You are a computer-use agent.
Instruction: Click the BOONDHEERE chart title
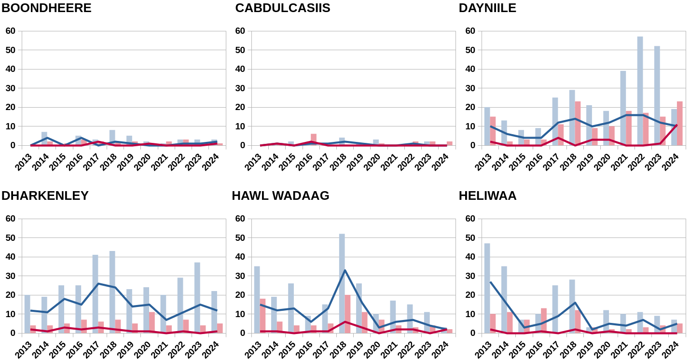46,8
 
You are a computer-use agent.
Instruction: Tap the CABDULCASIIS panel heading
282,8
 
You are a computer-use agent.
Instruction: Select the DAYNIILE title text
487,8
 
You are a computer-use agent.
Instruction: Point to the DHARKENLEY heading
45,196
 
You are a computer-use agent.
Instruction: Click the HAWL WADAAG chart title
280,196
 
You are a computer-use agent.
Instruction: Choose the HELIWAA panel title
487,196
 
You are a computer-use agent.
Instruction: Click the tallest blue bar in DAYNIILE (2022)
640,91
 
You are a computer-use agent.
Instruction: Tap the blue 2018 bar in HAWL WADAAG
342,283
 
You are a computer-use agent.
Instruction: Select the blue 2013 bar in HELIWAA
487,288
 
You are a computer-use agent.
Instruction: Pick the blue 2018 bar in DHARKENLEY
112,292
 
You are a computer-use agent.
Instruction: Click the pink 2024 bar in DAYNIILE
679,123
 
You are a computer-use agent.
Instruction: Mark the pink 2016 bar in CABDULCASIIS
314,139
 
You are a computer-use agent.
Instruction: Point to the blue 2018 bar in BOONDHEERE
112,138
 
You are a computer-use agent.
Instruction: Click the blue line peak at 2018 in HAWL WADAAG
345,270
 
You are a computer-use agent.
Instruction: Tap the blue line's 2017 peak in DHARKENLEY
98,283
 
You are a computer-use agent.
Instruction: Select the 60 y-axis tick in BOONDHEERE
10,31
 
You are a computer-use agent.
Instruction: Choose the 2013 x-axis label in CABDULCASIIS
253,162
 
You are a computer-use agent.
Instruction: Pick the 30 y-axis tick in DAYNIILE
470,88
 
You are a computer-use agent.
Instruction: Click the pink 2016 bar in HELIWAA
544,320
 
